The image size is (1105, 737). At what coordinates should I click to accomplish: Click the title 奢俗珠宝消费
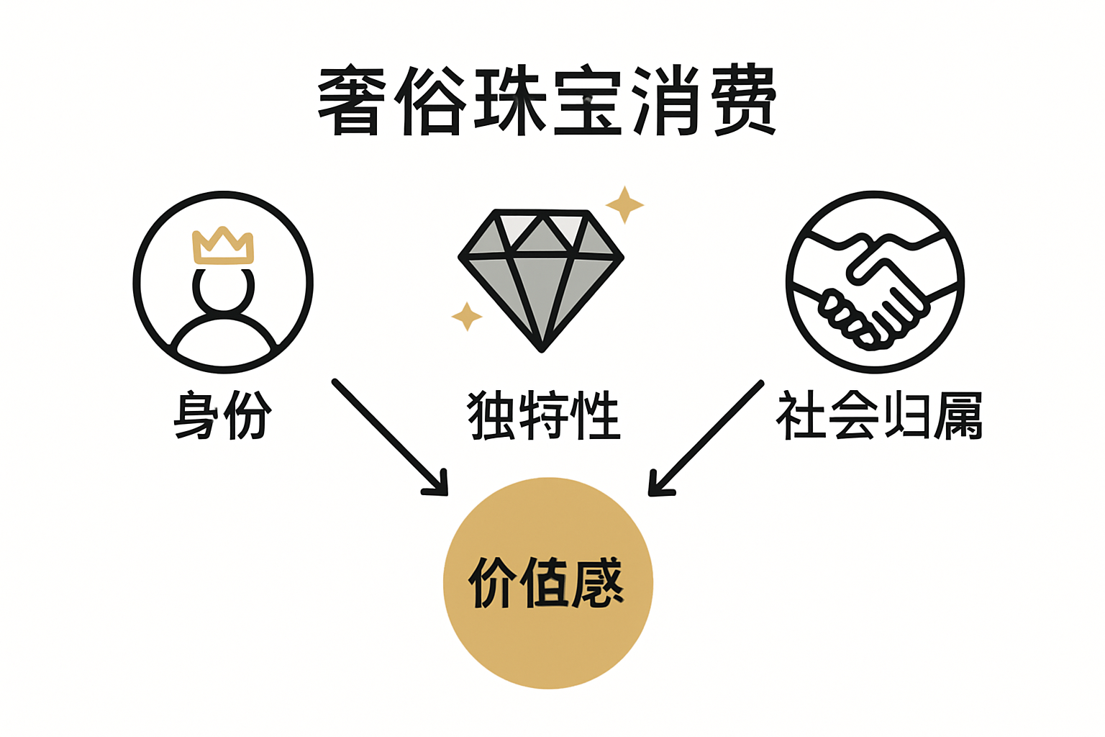tap(547, 101)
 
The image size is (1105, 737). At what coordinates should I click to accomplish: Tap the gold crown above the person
tap(223, 246)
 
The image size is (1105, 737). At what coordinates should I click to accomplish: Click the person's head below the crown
tap(223, 289)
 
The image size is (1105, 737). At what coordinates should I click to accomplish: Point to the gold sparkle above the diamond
tap(624, 204)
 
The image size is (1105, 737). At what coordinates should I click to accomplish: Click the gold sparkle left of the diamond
tap(467, 316)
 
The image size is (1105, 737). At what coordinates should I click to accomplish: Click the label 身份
tap(222, 415)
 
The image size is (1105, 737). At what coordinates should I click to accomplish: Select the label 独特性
tap(544, 415)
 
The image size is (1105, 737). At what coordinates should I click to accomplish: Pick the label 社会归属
tap(879, 415)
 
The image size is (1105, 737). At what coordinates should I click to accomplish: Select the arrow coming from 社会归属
tap(705, 438)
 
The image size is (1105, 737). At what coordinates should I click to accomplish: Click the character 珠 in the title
tap(509, 101)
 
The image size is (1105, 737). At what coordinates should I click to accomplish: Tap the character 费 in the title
tap(744, 101)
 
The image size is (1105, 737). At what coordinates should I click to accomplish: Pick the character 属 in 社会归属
tap(958, 415)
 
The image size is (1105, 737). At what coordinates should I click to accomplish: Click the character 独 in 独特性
tap(492, 415)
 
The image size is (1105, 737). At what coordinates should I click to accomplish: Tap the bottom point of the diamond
tap(542, 348)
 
